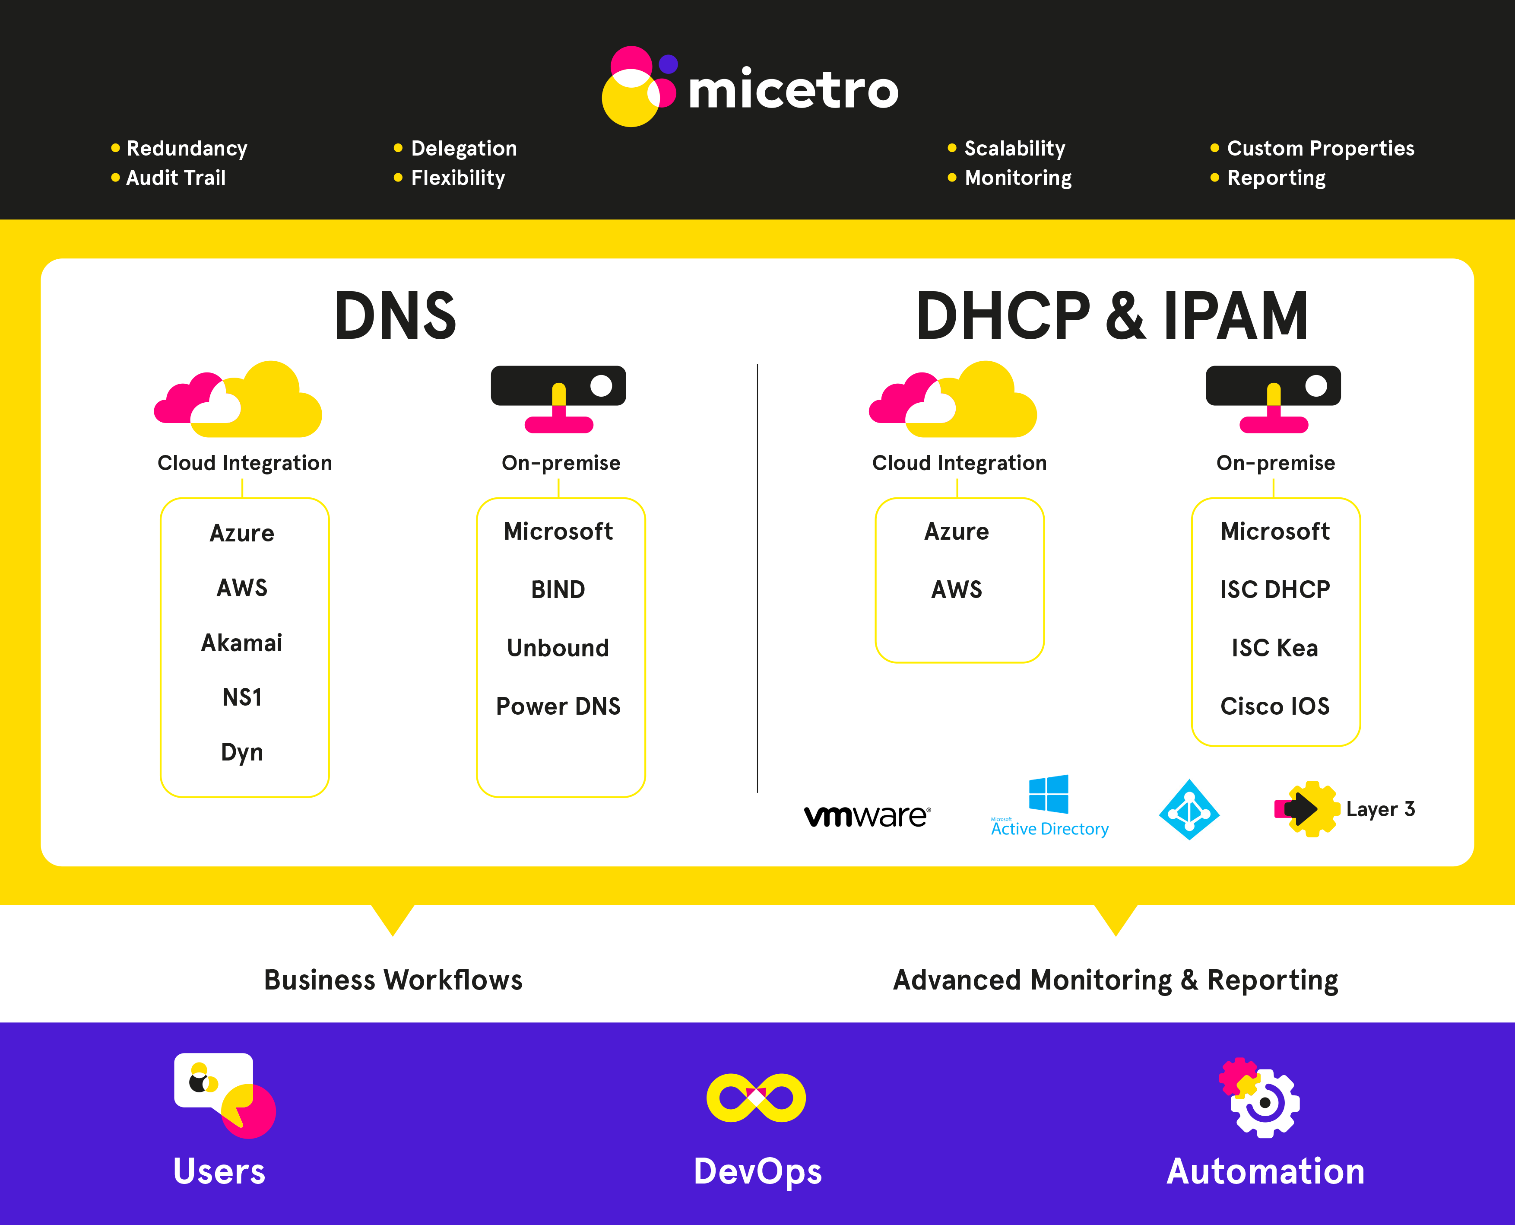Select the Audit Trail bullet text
click(x=176, y=178)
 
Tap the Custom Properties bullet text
click(x=1320, y=148)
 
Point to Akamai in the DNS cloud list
click(x=242, y=643)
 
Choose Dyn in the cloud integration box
click(x=242, y=752)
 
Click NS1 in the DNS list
click(x=242, y=697)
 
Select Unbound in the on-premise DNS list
click(x=558, y=648)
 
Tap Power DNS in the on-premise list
click(x=558, y=706)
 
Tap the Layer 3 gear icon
click(x=1307, y=808)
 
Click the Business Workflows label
click(x=393, y=980)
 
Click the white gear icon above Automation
click(x=1265, y=1103)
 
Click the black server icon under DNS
click(x=558, y=399)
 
